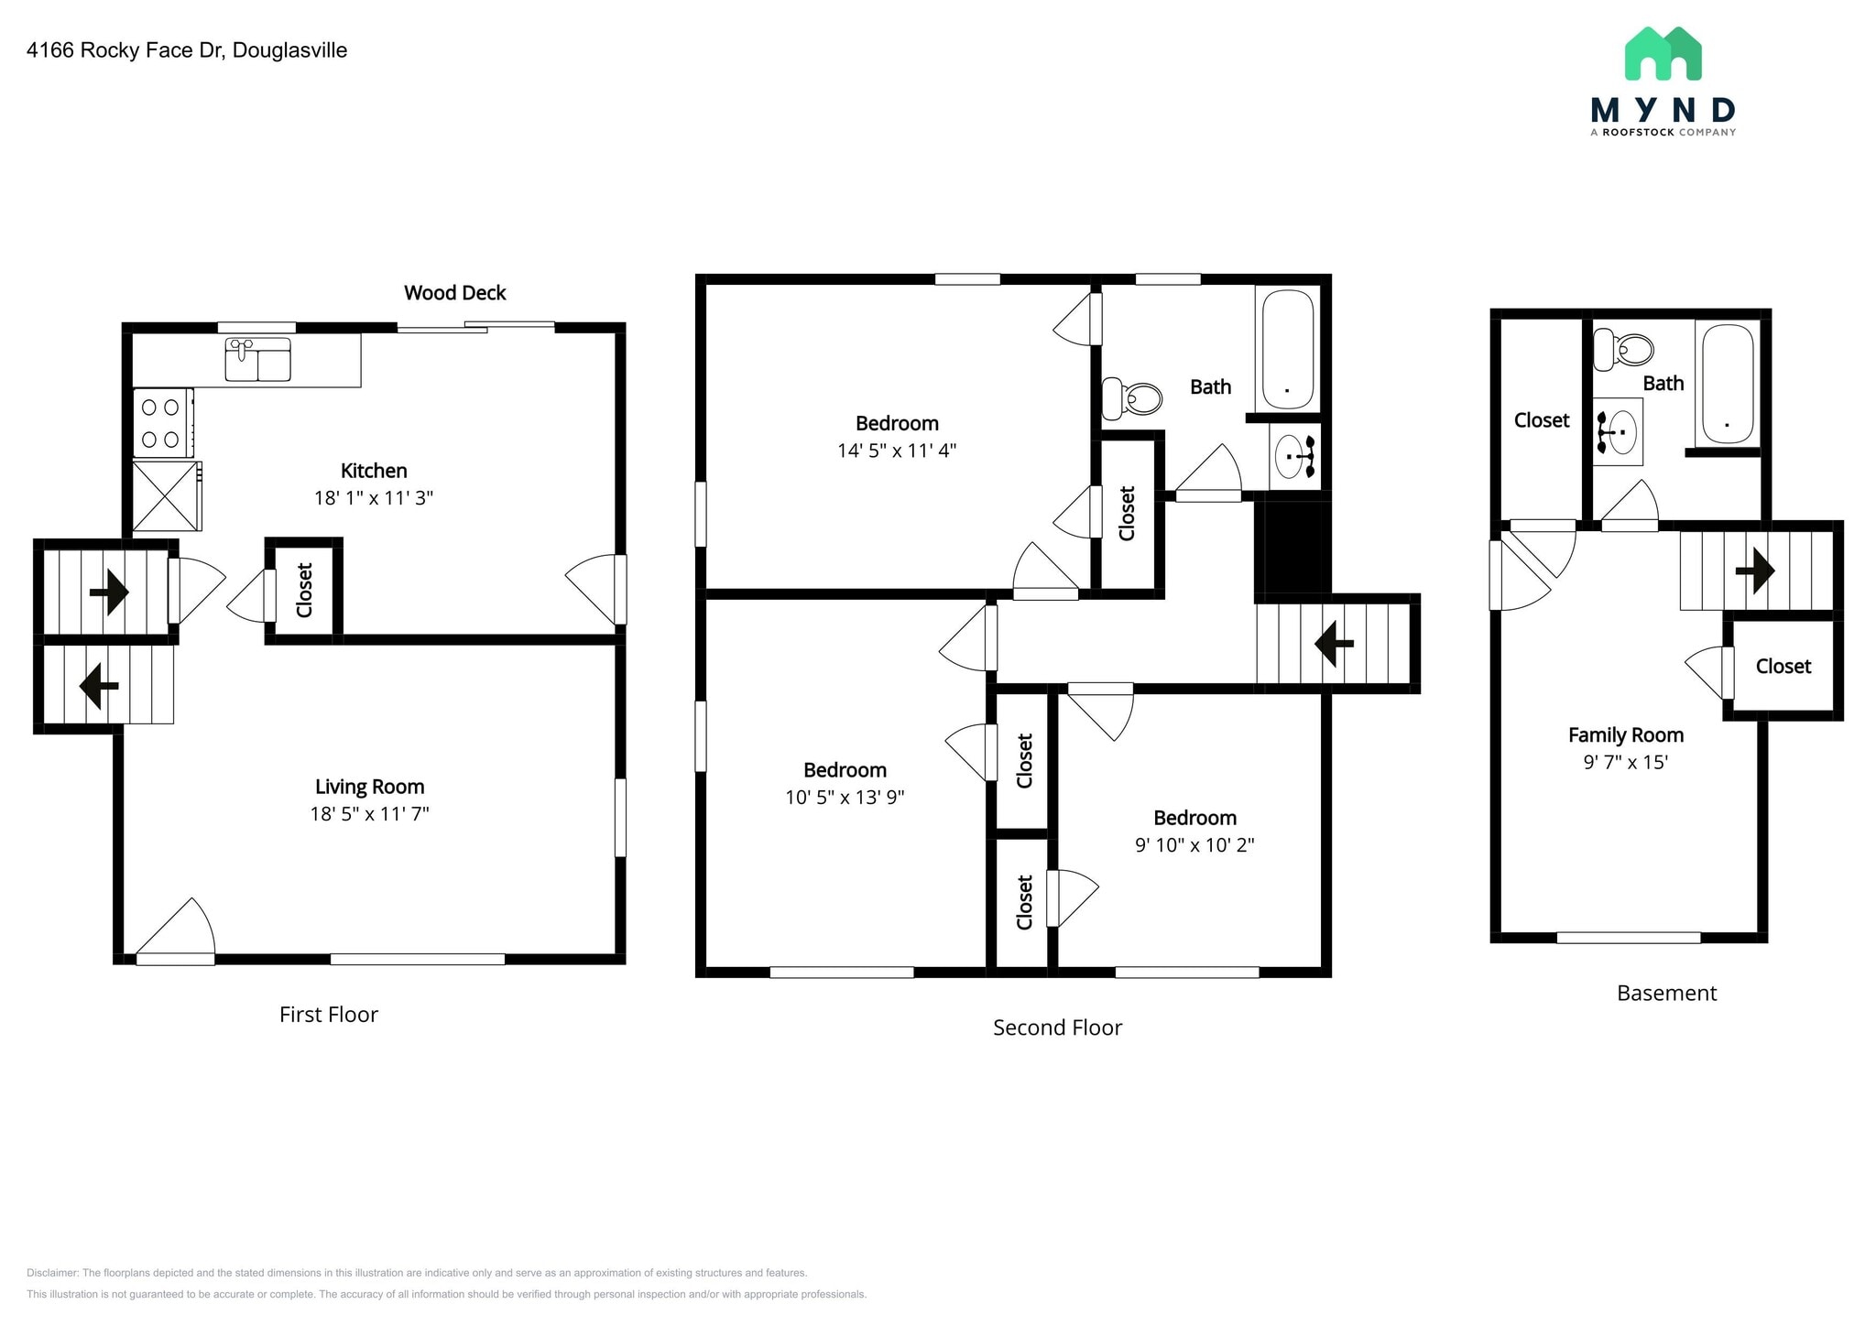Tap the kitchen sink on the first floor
coord(257,359)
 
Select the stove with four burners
coord(163,423)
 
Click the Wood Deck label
coord(455,293)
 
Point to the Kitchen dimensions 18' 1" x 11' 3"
coord(374,498)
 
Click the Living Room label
coord(370,787)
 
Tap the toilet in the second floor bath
coord(1132,398)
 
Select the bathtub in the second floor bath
coord(1288,350)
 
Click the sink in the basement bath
coord(1618,431)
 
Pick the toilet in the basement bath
coord(1623,349)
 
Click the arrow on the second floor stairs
coord(1335,643)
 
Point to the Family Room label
coord(1626,735)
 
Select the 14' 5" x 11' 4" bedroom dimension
coord(897,451)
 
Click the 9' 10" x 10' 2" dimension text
coord(1194,845)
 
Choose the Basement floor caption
coord(1666,994)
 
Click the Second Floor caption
coord(1057,1027)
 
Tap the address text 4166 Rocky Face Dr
coord(125,50)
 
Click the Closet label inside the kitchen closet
coord(305,590)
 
